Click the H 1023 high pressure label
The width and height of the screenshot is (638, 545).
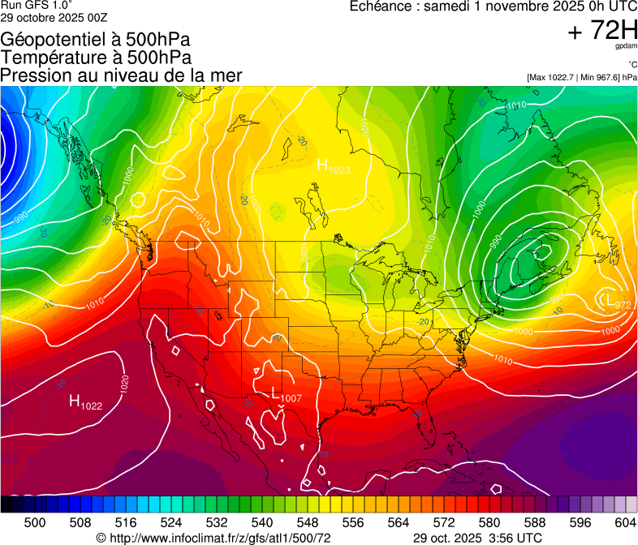point(333,167)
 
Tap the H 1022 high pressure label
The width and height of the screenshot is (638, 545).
point(85,402)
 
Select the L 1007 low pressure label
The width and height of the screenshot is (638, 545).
point(286,396)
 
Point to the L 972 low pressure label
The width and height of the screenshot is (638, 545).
point(614,302)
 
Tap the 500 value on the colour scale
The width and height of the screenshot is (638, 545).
point(35,522)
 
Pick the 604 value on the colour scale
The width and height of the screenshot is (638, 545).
point(625,522)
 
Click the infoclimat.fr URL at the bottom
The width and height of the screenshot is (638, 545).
point(213,538)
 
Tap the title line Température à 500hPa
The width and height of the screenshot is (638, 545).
point(96,58)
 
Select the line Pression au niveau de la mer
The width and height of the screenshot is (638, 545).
point(121,75)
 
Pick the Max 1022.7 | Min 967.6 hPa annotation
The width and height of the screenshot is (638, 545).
point(581,78)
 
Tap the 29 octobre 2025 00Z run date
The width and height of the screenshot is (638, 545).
point(53,17)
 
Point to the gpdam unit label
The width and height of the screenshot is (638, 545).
point(626,46)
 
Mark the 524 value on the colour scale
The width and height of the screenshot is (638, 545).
point(171,522)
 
